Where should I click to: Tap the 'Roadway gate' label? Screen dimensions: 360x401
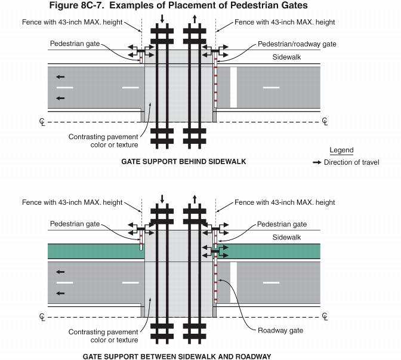coord(280,330)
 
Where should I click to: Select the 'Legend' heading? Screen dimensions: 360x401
coord(341,150)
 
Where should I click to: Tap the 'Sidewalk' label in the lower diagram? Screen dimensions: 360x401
coord(286,236)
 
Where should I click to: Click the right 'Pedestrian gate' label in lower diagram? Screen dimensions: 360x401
coord(282,224)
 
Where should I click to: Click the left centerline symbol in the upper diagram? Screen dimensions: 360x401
coord(42,122)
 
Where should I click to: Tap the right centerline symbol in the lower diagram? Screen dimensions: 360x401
coord(325,316)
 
